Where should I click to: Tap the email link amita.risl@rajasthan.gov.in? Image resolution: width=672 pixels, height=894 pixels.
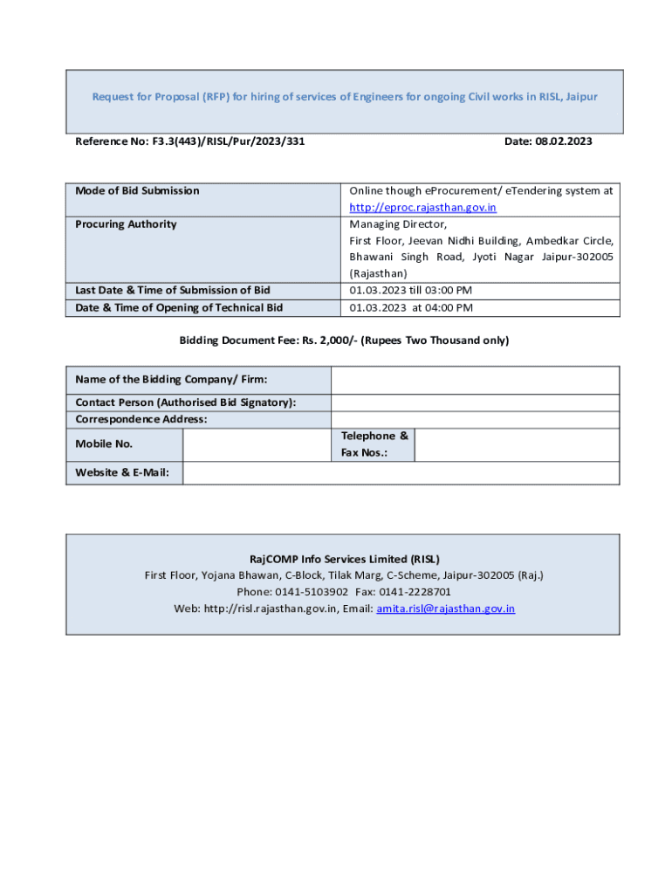[x=445, y=609]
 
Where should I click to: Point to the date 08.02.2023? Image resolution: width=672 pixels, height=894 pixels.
[x=565, y=141]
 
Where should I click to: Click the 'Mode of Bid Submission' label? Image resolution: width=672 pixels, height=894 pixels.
[x=137, y=190]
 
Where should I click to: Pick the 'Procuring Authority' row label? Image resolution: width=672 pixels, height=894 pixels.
[x=126, y=224]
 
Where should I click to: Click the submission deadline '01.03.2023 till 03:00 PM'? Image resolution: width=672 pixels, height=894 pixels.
[x=411, y=290]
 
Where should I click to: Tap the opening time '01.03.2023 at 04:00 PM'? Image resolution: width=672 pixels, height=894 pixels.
[x=411, y=307]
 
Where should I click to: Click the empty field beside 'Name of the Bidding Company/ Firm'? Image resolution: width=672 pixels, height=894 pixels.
[x=475, y=380]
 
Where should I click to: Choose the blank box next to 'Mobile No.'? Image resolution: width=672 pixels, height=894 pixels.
[x=257, y=444]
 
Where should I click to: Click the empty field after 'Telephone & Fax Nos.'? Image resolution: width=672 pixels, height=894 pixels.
[x=517, y=444]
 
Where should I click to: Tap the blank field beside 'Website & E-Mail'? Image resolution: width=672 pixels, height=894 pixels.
[x=401, y=473]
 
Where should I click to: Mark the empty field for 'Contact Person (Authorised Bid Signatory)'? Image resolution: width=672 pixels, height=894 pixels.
[x=475, y=402]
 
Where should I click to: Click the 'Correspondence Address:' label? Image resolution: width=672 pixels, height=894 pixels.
[x=141, y=419]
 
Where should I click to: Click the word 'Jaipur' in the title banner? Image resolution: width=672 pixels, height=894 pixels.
[x=581, y=97]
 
